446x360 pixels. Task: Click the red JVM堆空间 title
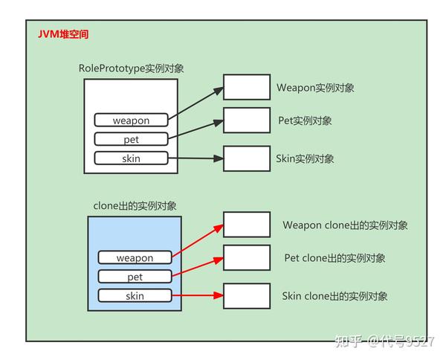pyautogui.click(x=63, y=34)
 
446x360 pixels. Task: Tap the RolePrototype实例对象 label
pyautogui.click(x=131, y=68)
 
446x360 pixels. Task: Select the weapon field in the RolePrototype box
pyautogui.click(x=131, y=120)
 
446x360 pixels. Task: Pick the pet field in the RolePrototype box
pyautogui.click(x=131, y=139)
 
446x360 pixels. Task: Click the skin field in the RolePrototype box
pyautogui.click(x=131, y=158)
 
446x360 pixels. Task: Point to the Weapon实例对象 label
pyautogui.click(x=315, y=88)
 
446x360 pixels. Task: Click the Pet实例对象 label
pyautogui.click(x=305, y=120)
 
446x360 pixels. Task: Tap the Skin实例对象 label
pyautogui.click(x=305, y=158)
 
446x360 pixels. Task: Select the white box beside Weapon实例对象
pyautogui.click(x=247, y=87)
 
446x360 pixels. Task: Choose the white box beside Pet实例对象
pyautogui.click(x=247, y=120)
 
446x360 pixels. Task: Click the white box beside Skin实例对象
pyautogui.click(x=247, y=158)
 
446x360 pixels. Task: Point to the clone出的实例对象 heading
pyautogui.click(x=135, y=206)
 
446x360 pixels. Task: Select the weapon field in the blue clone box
pyautogui.click(x=135, y=257)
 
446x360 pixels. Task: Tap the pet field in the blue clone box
pyautogui.click(x=135, y=277)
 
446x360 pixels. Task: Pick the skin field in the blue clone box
pyautogui.click(x=135, y=296)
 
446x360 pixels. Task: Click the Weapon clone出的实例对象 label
pyautogui.click(x=346, y=225)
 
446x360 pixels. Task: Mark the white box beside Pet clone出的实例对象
pyautogui.click(x=247, y=257)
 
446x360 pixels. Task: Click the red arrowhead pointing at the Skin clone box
pyautogui.click(x=219, y=295)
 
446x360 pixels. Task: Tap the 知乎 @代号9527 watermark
pyautogui.click(x=384, y=341)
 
